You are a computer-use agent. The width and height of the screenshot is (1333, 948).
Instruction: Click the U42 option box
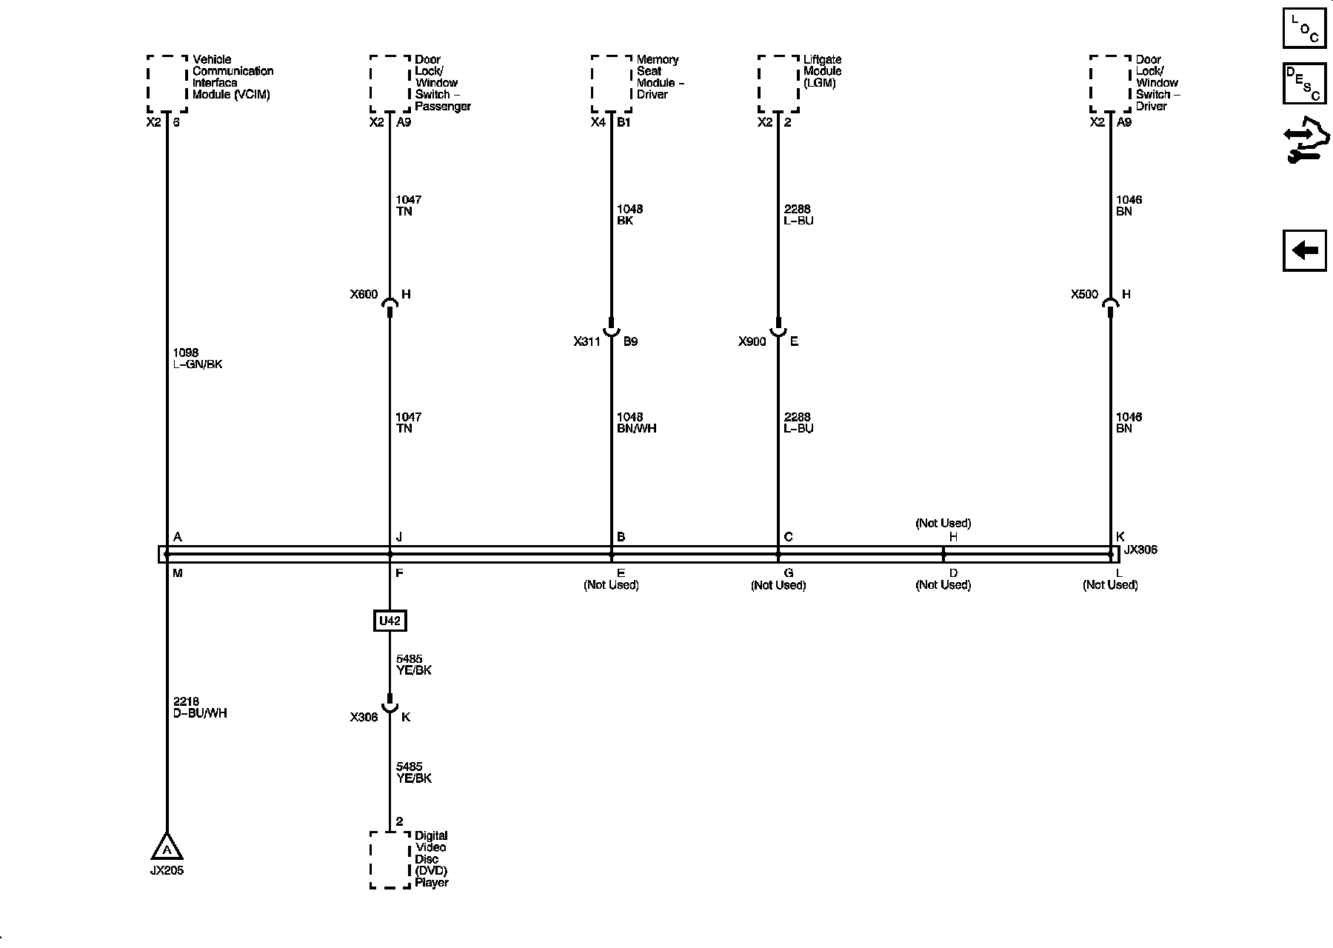390,621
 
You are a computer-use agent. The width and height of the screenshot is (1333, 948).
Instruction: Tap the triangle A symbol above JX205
167,847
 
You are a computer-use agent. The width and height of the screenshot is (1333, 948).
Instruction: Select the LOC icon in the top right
1304,28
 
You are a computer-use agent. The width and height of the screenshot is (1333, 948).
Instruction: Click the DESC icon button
1304,84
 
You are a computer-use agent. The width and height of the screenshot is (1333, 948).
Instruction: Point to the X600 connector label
364,295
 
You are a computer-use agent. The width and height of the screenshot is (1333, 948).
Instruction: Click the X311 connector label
587,342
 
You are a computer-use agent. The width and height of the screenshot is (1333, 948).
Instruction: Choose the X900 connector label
752,342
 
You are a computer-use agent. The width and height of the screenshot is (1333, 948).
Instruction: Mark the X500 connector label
1084,295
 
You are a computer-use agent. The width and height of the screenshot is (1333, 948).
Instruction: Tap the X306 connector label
364,718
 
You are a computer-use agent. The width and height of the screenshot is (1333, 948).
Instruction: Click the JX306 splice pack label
1140,550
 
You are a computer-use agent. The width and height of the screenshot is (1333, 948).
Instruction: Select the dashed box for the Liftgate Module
778,84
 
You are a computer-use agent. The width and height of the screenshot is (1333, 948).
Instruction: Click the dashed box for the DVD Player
390,860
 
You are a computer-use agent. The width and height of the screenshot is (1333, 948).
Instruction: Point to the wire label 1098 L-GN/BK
197,359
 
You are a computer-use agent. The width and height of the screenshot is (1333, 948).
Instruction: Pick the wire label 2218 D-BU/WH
200,708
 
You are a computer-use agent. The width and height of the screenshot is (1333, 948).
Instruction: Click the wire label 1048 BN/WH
636,423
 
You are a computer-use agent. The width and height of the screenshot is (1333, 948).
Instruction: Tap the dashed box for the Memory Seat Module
612,84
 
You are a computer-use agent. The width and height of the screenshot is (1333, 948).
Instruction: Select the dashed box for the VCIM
167,84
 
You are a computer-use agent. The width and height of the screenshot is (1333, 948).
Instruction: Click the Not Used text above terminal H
943,524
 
